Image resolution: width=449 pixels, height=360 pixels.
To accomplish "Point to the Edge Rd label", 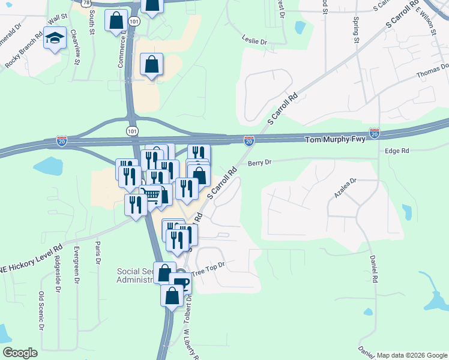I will click(397, 151).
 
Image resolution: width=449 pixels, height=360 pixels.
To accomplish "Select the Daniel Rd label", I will click(373, 270).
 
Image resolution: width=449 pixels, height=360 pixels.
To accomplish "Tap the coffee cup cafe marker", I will click(180, 282).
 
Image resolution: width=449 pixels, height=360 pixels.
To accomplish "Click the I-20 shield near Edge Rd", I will click(375, 131).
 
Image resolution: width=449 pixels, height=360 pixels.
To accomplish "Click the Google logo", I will click(20, 353).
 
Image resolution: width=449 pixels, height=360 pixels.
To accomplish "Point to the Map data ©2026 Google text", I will click(412, 355).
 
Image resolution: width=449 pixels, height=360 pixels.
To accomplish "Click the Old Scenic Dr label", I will click(42, 310).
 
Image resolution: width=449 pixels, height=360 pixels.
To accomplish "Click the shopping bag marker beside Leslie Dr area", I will click(152, 64).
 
